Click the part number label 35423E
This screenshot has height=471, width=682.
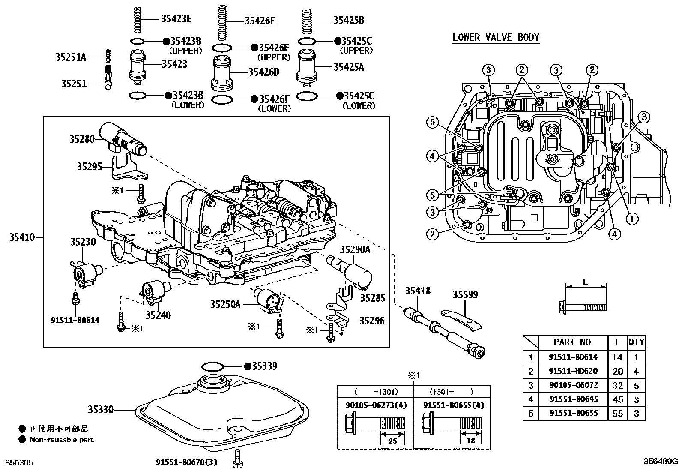point(176,18)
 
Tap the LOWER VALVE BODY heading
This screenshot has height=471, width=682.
point(496,37)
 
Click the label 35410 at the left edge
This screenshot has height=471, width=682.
point(21,237)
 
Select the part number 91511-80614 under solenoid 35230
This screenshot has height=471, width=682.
point(75,320)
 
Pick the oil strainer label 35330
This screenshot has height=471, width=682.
point(101,410)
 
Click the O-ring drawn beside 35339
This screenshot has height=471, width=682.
point(213,366)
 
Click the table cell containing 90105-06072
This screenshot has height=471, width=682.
point(573,385)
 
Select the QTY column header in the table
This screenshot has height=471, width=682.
point(636,342)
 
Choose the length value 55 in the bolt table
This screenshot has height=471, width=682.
point(617,414)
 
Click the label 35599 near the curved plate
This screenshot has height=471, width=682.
point(465,295)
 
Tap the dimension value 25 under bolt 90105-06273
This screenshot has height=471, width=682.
point(392,441)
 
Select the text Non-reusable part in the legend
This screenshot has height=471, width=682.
point(61,439)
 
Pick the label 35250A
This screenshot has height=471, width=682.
point(225,304)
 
